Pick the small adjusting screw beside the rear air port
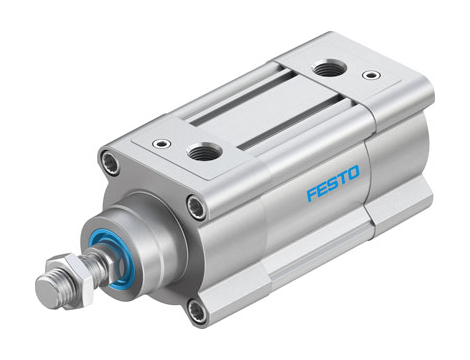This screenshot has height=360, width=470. click(373, 74)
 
